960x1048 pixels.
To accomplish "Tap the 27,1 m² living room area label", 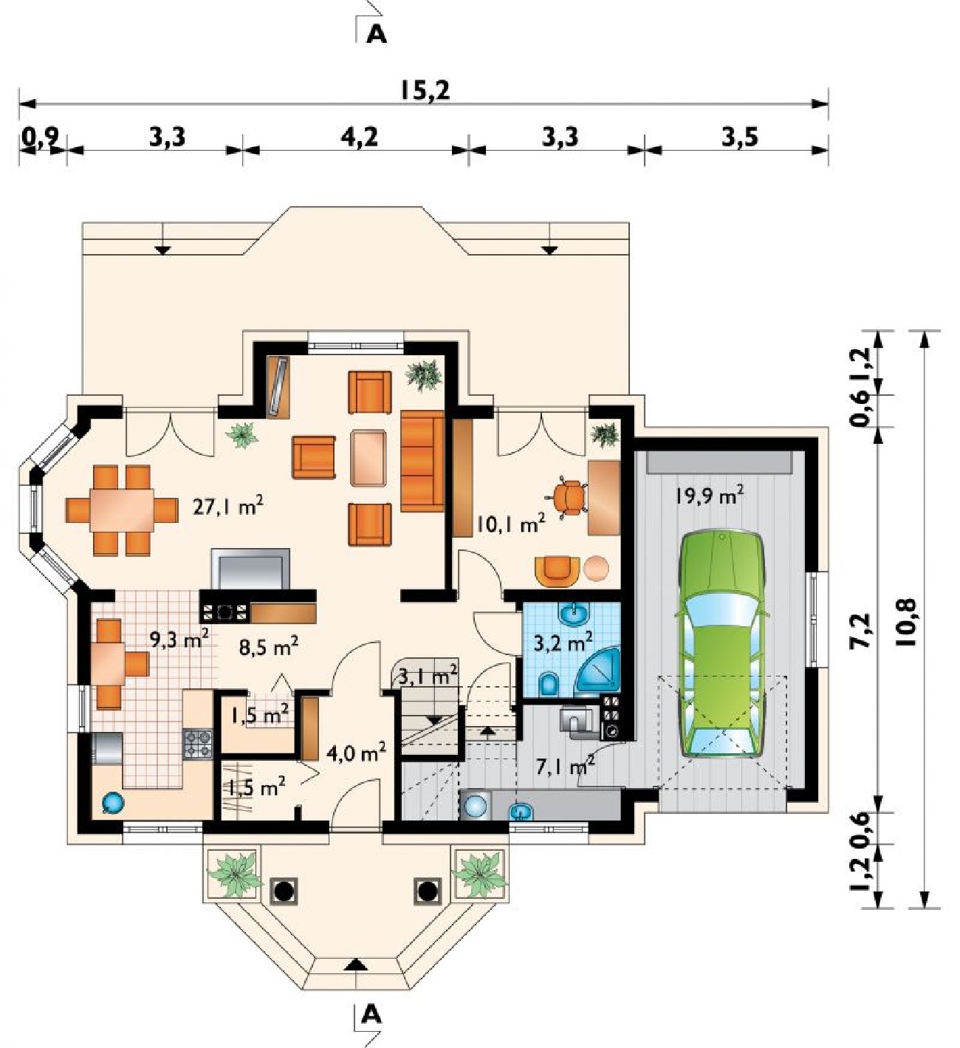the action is [x=228, y=506].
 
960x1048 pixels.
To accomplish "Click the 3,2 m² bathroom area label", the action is [x=563, y=642].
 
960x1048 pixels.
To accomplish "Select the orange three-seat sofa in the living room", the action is [x=422, y=461].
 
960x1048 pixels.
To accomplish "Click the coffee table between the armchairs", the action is [x=369, y=458].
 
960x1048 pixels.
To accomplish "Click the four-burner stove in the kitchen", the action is [x=198, y=744].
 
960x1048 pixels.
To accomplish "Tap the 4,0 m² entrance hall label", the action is [x=357, y=753].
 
